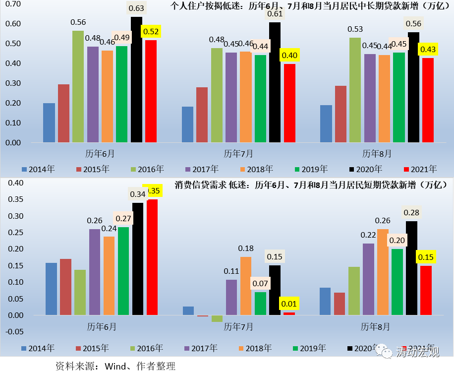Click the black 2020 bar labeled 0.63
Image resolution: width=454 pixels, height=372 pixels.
pyautogui.click(x=136, y=79)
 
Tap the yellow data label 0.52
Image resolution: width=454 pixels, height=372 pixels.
pyautogui.click(x=151, y=32)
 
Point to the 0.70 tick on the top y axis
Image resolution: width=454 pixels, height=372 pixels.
pyautogui.click(x=13, y=4)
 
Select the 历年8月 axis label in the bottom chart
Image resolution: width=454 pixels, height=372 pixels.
pyautogui.click(x=375, y=327)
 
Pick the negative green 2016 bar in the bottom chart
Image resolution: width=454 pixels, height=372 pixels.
pyautogui.click(x=217, y=318)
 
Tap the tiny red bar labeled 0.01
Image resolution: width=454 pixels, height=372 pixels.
pyautogui.click(x=289, y=313)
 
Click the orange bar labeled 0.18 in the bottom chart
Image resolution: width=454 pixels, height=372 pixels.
pyautogui.click(x=246, y=286)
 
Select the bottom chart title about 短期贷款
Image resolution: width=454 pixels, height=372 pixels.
pyautogui.click(x=311, y=186)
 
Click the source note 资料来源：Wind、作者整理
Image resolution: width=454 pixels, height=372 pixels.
pyautogui.click(x=116, y=366)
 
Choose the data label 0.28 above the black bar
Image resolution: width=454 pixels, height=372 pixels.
pyautogui.click(x=411, y=213)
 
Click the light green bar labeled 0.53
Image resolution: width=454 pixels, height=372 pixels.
pyautogui.click(x=355, y=90)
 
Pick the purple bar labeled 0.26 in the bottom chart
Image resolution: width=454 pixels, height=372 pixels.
pyautogui.click(x=95, y=272)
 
